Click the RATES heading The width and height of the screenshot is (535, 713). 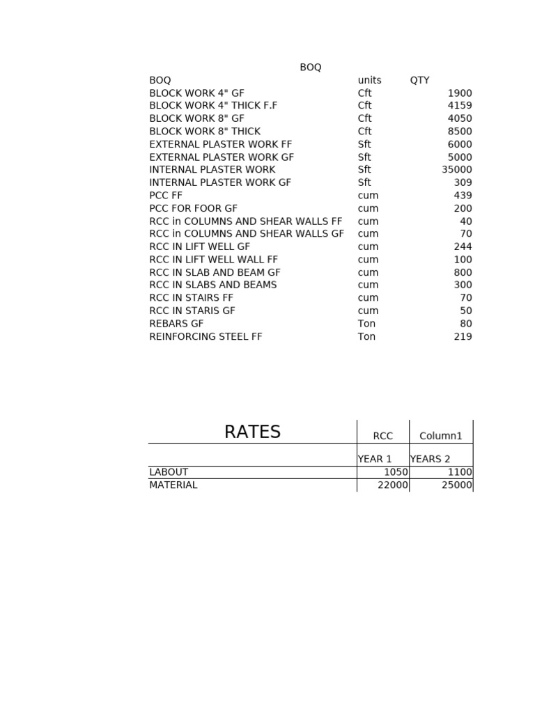click(252, 432)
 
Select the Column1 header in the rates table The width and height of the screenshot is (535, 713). click(440, 437)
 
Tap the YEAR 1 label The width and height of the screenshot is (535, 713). click(375, 459)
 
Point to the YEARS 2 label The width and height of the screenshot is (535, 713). click(430, 459)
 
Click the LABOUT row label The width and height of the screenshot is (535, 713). click(169, 472)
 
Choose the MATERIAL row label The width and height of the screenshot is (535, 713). click(173, 485)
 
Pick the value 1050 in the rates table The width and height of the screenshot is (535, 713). click(395, 472)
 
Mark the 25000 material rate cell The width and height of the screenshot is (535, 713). click(456, 485)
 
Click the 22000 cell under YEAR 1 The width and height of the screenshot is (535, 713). click(392, 485)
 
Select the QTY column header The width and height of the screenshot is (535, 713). click(419, 80)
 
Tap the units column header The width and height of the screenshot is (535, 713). click(369, 80)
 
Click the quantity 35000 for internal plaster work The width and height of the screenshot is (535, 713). click(456, 170)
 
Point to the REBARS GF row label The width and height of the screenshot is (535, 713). click(176, 324)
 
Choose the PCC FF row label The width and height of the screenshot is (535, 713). click(166, 196)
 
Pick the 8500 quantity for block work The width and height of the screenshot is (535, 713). click(459, 132)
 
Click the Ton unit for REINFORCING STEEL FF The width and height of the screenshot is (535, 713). click(366, 337)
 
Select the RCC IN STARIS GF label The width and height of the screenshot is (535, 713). click(192, 311)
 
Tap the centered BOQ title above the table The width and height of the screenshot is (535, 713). click(311, 68)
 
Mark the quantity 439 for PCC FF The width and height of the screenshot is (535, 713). click(463, 196)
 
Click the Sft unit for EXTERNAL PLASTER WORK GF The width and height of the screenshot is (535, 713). click(364, 157)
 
